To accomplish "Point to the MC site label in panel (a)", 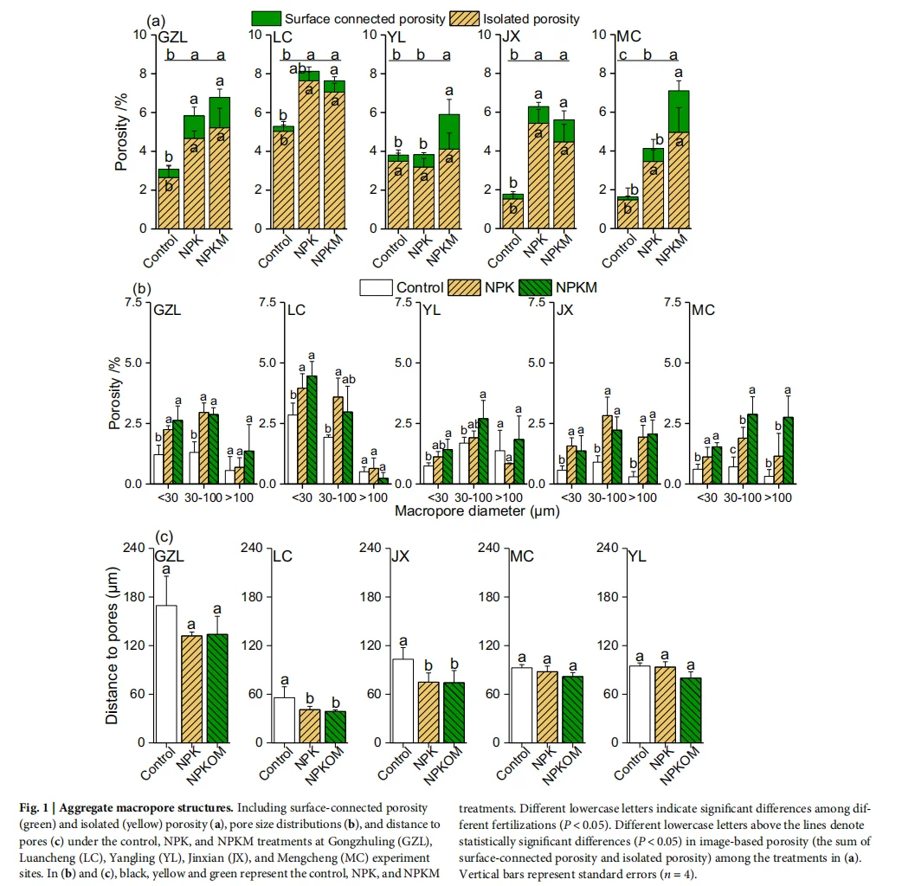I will click(x=629, y=37).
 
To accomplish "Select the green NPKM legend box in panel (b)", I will click(x=532, y=287).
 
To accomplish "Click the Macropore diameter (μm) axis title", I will click(x=477, y=510).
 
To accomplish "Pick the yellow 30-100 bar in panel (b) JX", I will click(x=583, y=450).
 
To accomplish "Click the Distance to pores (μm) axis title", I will click(x=113, y=645).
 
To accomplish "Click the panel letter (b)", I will click(x=142, y=288).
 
